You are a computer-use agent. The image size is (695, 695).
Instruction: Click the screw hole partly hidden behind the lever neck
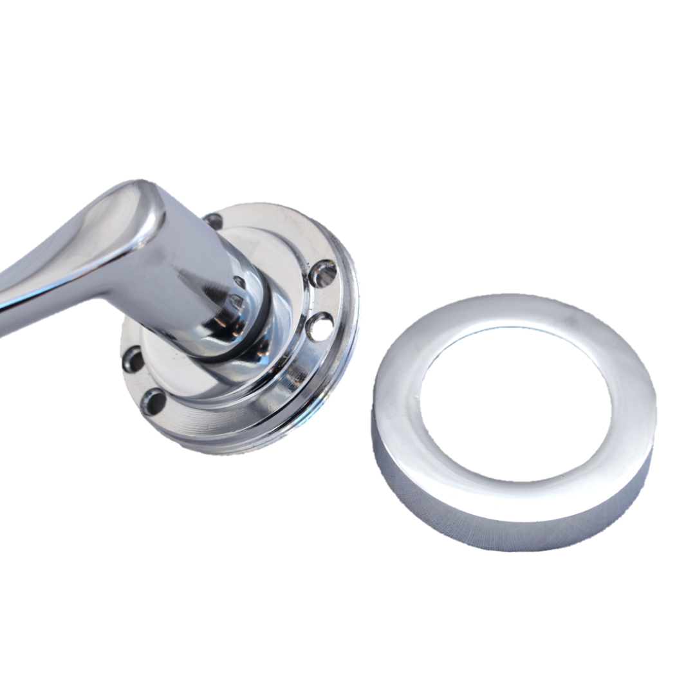[x=213, y=221]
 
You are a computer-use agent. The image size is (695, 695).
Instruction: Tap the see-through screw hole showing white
[x=320, y=328]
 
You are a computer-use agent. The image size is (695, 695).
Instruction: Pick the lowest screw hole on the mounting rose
[x=153, y=401]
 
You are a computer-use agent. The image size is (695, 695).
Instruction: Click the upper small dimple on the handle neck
[x=239, y=282]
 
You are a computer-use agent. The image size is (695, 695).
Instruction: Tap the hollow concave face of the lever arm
[x=77, y=257]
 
